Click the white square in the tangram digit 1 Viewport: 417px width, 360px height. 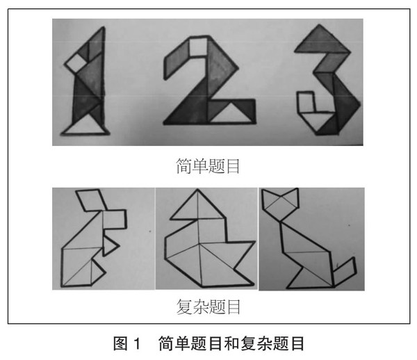(76, 63)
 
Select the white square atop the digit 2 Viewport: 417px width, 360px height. (198, 47)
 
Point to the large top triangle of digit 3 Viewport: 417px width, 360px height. (322, 40)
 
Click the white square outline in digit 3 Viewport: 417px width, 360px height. (306, 102)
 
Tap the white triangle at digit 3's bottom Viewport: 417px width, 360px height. (316, 121)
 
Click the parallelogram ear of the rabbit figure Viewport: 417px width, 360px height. (92, 200)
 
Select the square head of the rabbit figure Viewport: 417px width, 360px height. (115, 219)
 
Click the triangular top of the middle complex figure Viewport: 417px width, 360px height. (197, 206)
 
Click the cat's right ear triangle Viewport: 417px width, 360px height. (291, 197)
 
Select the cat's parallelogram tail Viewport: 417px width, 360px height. (345, 272)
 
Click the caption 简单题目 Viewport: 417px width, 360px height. (208, 166)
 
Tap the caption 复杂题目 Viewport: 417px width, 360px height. (208, 306)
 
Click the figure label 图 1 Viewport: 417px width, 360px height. (126, 343)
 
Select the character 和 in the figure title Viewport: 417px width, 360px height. (231, 343)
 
